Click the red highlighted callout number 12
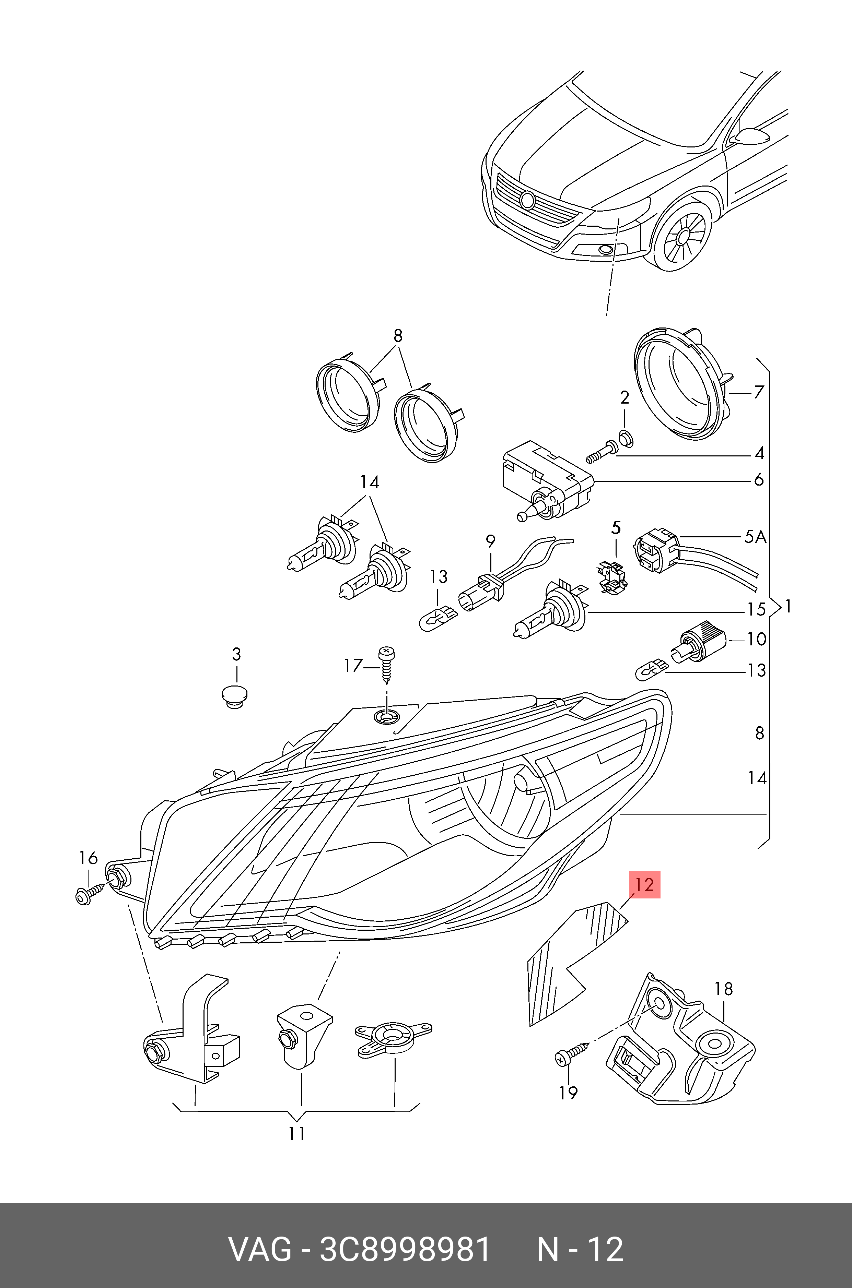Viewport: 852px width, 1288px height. tap(644, 885)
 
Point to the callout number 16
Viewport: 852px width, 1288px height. tap(88, 858)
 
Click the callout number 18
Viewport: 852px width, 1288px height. tap(724, 989)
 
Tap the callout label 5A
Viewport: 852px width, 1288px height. tap(755, 537)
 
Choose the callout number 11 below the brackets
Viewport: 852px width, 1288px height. tap(296, 1133)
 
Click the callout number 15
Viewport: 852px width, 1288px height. tap(756, 610)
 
